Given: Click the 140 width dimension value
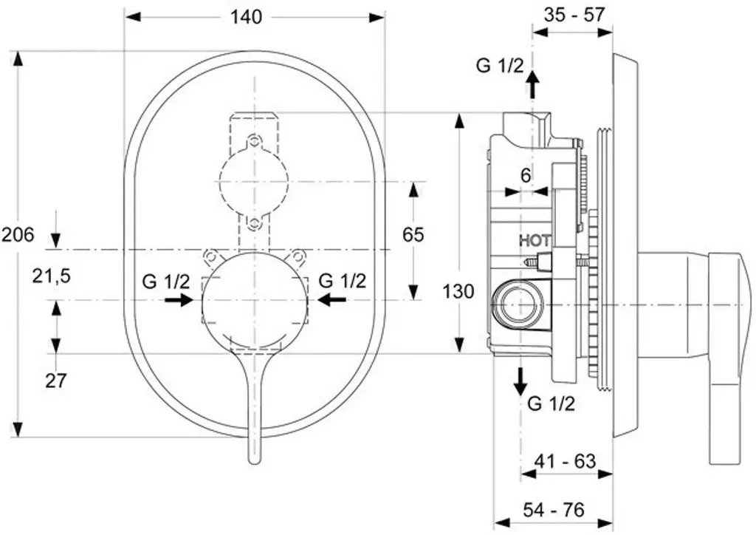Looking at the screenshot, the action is (246, 18).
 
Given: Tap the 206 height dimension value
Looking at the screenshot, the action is (18, 236).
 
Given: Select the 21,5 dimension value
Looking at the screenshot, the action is (52, 276).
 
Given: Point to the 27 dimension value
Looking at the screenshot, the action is (55, 381).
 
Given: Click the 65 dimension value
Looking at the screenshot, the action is (413, 235).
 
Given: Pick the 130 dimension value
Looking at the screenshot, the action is (458, 291).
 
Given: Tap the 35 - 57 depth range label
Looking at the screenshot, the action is (574, 15).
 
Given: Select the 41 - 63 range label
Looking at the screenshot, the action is (565, 461).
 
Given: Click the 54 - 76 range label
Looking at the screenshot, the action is (553, 509).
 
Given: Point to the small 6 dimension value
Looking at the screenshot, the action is (526, 176).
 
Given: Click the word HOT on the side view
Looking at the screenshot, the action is (535, 240).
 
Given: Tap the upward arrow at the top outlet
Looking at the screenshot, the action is (533, 84).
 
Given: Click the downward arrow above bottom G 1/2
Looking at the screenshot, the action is (520, 381).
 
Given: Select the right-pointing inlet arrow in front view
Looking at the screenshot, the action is (179, 300).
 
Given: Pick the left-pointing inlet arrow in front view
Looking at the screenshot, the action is (331, 300).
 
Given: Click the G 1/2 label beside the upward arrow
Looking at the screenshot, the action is (500, 65).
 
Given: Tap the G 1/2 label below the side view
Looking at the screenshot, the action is (551, 403).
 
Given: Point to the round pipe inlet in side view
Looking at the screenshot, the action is (518, 306).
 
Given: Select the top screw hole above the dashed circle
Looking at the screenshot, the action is (254, 141).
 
